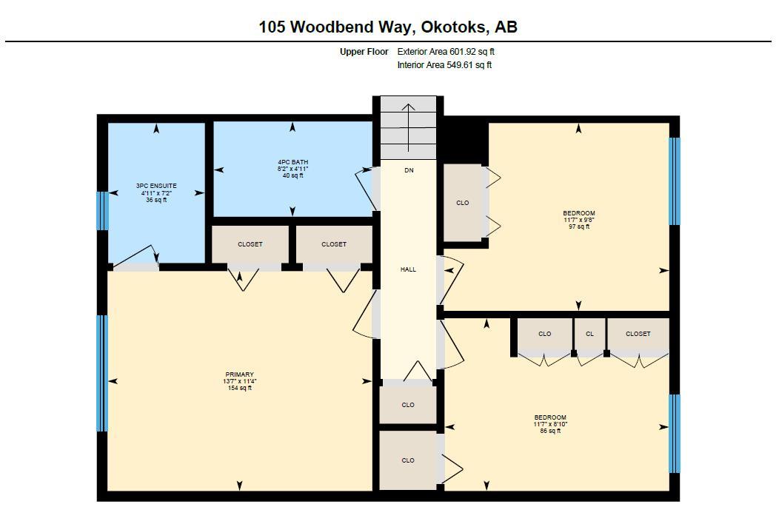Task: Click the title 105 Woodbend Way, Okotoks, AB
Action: click(387, 27)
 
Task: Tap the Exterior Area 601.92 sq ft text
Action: click(446, 52)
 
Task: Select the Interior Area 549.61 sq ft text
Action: click(444, 65)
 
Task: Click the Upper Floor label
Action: click(364, 52)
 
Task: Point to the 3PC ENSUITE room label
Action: click(156, 186)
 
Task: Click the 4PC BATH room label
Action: click(292, 162)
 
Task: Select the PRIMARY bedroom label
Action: click(239, 374)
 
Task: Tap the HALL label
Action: click(408, 269)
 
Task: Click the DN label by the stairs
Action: click(409, 170)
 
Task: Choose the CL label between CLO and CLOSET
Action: click(589, 334)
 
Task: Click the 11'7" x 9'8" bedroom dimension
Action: click(578, 220)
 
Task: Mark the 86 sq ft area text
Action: click(550, 431)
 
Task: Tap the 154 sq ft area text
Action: click(239, 388)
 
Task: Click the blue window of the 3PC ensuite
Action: click(103, 210)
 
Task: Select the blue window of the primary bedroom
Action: click(102, 373)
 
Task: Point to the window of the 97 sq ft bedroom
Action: click(674, 181)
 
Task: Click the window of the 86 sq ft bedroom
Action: click(674, 433)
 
